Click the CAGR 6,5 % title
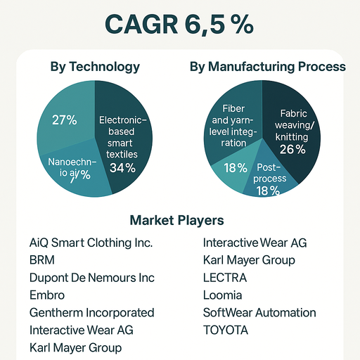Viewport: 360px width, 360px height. click(179, 23)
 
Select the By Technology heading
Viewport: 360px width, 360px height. click(95, 67)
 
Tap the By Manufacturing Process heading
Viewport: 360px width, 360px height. click(267, 67)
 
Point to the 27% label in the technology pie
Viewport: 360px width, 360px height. click(64, 120)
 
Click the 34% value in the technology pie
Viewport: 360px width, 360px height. click(122, 168)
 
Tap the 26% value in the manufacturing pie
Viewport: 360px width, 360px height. click(292, 149)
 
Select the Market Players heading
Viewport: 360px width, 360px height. click(176, 220)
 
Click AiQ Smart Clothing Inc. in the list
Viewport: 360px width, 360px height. click(91, 243)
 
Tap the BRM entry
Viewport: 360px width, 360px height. click(42, 260)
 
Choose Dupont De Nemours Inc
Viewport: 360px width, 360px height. click(92, 278)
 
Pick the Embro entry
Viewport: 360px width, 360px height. click(47, 295)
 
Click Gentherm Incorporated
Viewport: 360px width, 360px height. click(91, 312)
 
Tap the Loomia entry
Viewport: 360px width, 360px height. click(222, 295)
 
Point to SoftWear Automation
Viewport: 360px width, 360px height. click(259, 312)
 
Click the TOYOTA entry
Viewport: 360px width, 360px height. click(226, 330)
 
